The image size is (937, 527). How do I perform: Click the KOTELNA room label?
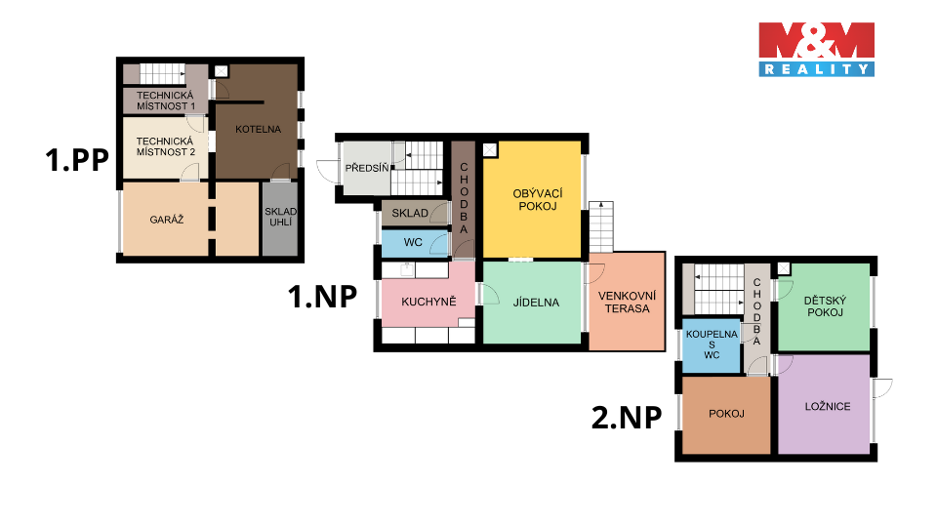(x=258, y=129)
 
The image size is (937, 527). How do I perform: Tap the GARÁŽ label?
(x=167, y=220)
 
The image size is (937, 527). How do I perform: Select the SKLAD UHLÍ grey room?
(x=280, y=219)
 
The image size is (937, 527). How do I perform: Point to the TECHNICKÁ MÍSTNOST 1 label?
(x=166, y=101)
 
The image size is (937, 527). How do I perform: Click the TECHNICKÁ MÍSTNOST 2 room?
(x=165, y=147)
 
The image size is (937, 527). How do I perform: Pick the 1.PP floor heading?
(x=77, y=160)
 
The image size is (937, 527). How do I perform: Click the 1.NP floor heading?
(x=323, y=297)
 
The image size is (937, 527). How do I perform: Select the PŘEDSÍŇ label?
(x=367, y=169)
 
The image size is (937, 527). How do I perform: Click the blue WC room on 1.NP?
(x=415, y=243)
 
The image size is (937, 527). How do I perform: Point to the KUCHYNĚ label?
(x=428, y=302)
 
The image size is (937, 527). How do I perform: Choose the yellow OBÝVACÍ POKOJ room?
(x=532, y=199)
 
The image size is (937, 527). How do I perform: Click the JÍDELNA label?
(x=536, y=303)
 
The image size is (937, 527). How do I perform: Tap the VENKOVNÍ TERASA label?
(x=627, y=303)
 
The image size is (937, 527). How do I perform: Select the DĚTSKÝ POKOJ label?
(x=825, y=306)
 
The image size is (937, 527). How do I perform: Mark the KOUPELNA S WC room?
(x=712, y=345)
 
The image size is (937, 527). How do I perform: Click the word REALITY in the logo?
(x=816, y=69)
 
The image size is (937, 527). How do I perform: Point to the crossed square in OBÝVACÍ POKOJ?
(x=490, y=149)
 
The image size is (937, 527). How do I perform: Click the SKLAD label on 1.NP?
(x=410, y=214)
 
